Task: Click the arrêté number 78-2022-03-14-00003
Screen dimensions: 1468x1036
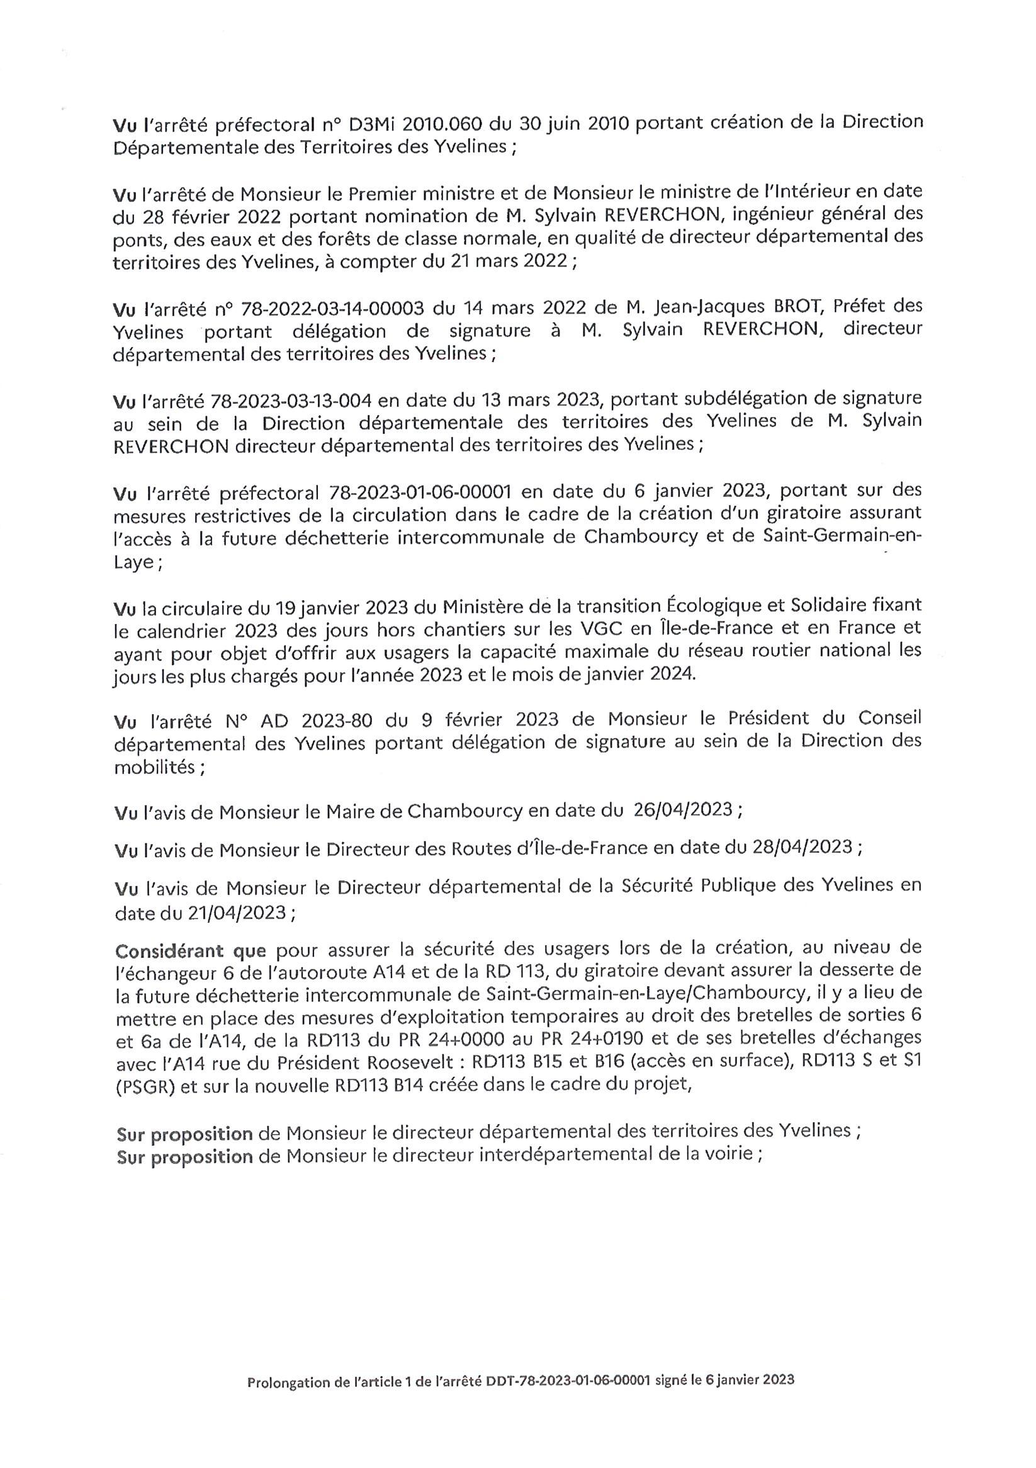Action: point(333,309)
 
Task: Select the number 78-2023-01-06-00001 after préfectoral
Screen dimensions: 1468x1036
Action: point(420,492)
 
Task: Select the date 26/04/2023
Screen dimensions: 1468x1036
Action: point(682,810)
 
